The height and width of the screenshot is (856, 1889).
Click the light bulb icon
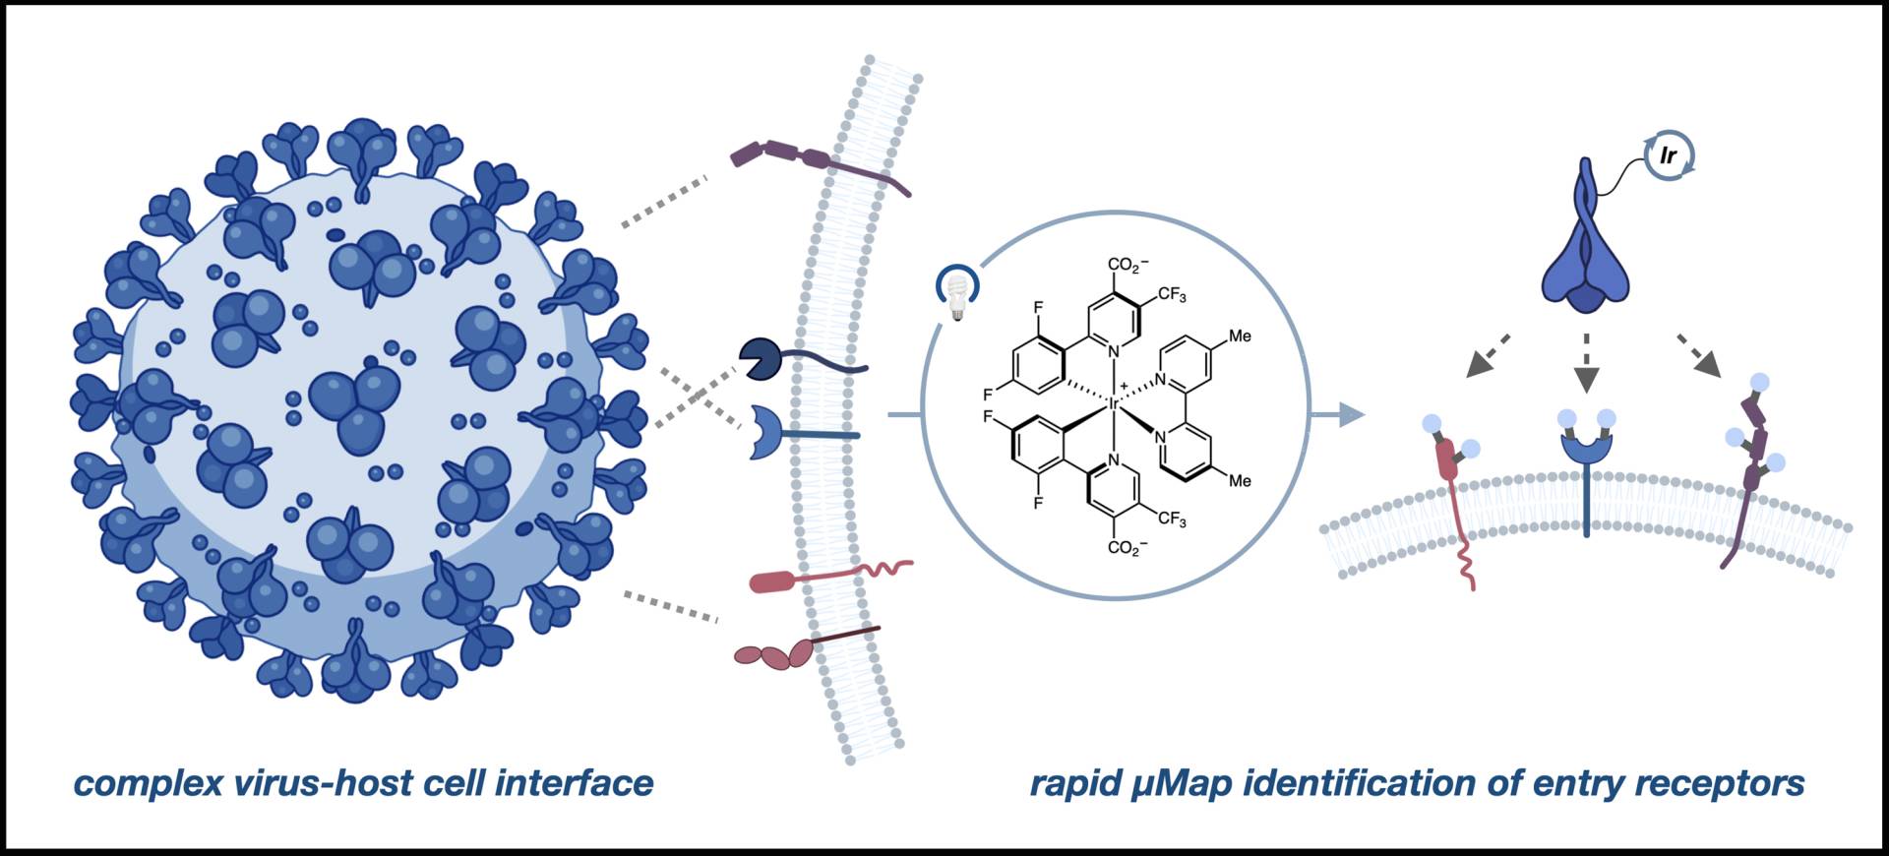coord(956,292)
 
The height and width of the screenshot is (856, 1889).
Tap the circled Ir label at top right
coord(1668,156)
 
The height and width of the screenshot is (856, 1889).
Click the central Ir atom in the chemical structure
coord(1114,402)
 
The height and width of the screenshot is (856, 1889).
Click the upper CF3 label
coord(1172,295)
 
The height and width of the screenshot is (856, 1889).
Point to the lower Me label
coord(1240,481)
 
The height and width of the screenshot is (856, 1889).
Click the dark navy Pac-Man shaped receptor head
coord(761,360)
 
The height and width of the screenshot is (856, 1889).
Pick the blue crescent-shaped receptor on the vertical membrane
coord(763,433)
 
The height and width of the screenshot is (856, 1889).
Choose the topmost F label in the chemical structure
coord(1038,308)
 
